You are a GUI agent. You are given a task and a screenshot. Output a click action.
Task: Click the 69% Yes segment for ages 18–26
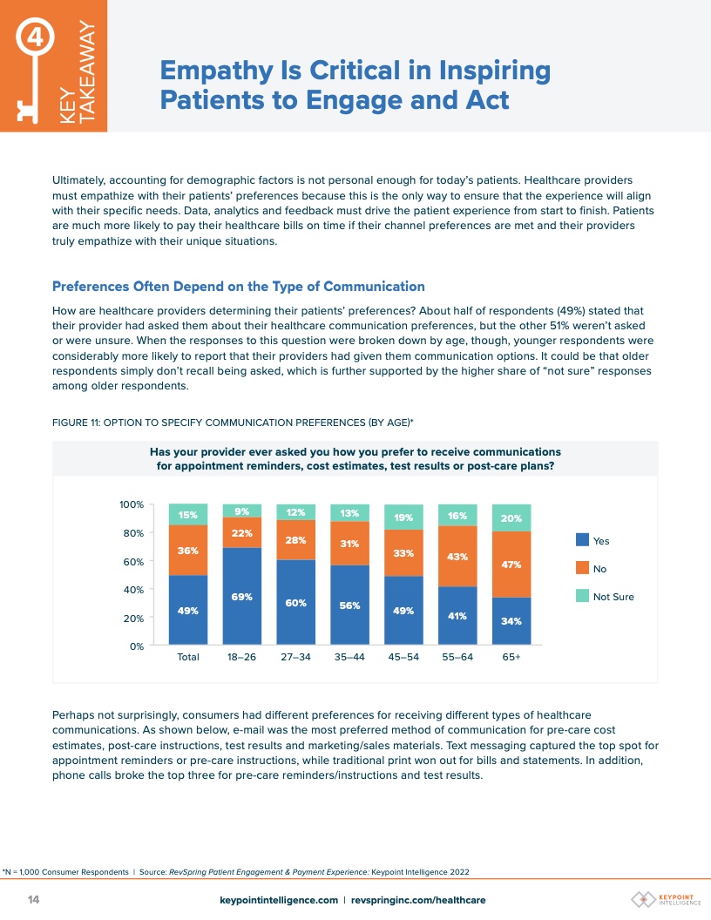241,597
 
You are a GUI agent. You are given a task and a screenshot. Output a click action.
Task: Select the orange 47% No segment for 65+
511,564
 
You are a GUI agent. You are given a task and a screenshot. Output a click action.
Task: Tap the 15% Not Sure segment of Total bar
187,515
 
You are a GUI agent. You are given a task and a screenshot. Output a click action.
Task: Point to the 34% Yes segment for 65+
511,621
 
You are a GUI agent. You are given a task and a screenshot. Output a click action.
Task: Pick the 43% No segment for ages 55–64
457,557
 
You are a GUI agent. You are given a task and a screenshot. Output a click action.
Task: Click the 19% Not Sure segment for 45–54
403,517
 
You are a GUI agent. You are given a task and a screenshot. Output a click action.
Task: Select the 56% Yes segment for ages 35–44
349,605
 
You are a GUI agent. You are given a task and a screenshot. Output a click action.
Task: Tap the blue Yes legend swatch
582,541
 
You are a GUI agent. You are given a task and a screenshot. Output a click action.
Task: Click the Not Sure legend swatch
582,597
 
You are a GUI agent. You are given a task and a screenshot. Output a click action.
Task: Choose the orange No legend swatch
582,569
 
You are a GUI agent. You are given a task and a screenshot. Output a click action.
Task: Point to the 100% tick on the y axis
132,505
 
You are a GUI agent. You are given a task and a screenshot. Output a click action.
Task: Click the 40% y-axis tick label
134,590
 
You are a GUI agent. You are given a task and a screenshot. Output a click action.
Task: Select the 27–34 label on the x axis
295,658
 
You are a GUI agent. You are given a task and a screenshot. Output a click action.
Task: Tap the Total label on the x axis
187,658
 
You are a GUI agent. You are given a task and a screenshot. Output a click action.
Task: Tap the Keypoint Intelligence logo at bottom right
665,899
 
